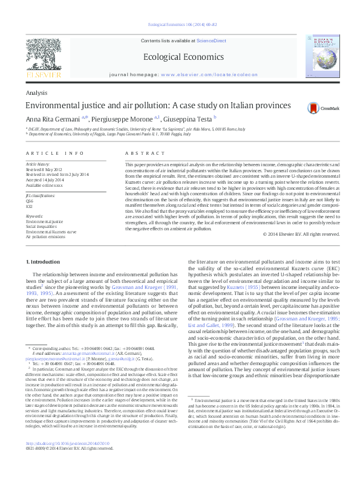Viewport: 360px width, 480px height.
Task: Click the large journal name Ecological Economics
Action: click(x=179, y=57)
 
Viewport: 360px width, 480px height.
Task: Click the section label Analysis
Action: click(x=37, y=92)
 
